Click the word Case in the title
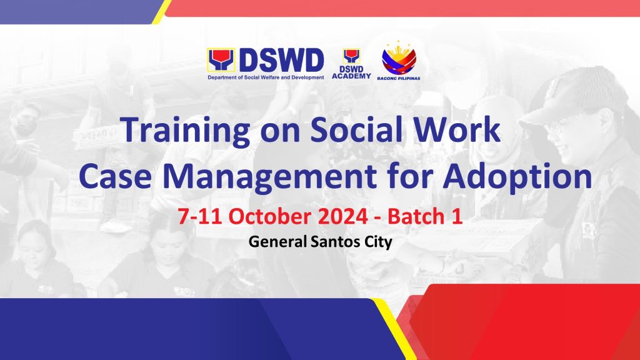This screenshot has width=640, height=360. pos(116,176)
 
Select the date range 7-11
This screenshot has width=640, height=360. pos(200,216)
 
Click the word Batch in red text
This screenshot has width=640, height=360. pos(416,216)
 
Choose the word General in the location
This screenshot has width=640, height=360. pos(277,242)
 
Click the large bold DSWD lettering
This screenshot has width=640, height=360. pos(282,61)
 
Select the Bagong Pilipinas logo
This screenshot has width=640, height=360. pos(399,61)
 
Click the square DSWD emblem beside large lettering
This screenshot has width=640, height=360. pos(221,61)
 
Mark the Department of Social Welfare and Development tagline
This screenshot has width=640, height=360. pos(266,77)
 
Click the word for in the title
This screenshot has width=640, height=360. pos(409,176)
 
